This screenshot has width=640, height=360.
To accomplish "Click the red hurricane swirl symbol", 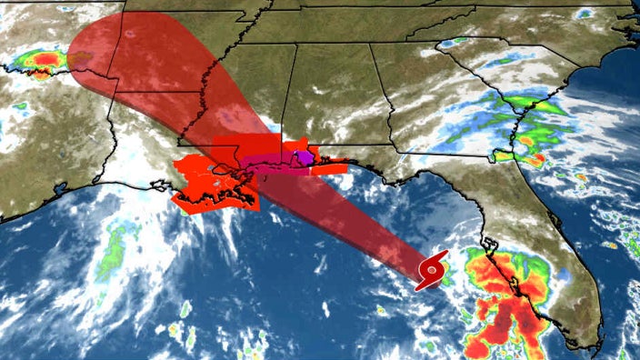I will [x=433, y=271].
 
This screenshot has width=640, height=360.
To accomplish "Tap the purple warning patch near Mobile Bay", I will [x=307, y=158].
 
